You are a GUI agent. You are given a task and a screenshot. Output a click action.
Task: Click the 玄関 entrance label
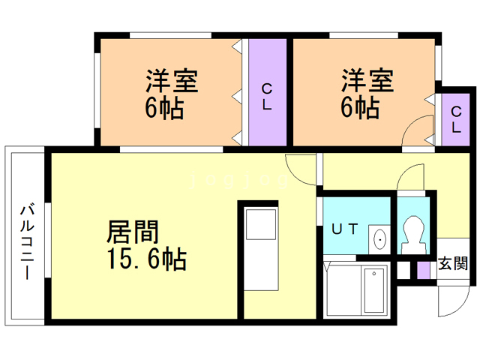coord(453,263)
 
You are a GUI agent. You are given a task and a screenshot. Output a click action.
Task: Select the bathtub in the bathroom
coord(373,290)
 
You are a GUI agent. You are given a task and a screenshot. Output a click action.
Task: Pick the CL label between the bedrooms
coord(266,97)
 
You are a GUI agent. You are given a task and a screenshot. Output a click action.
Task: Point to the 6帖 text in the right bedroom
coord(361,109)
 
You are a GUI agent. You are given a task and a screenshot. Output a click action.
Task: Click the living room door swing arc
coord(300,169)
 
